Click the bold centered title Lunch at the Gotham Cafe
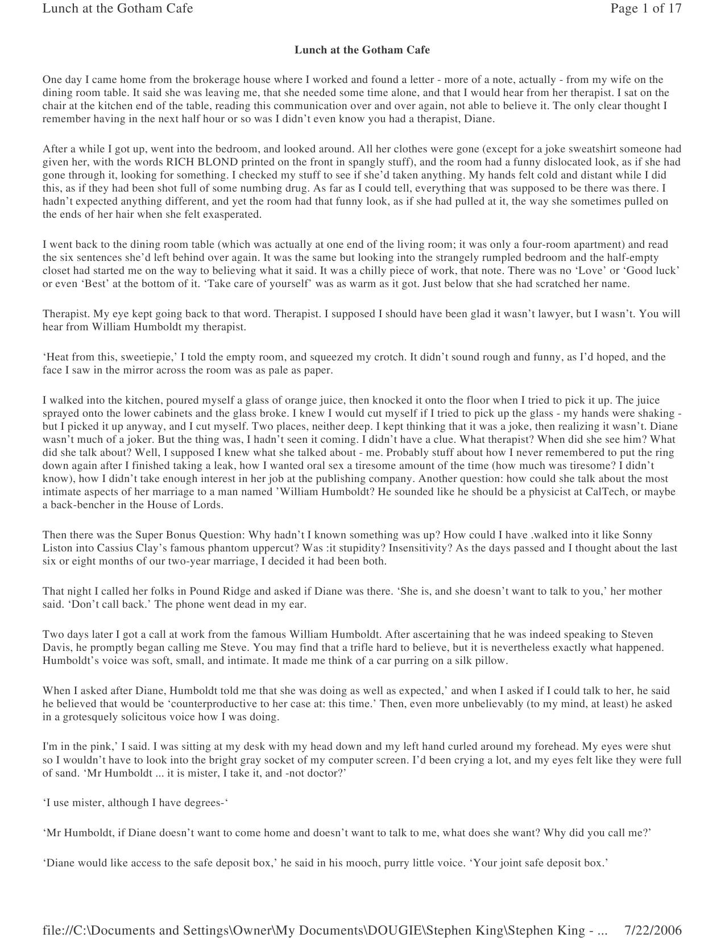pyautogui.click(x=362, y=50)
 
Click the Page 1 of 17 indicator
pyautogui.click(x=645, y=9)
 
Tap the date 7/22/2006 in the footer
pyautogui.click(x=653, y=930)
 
